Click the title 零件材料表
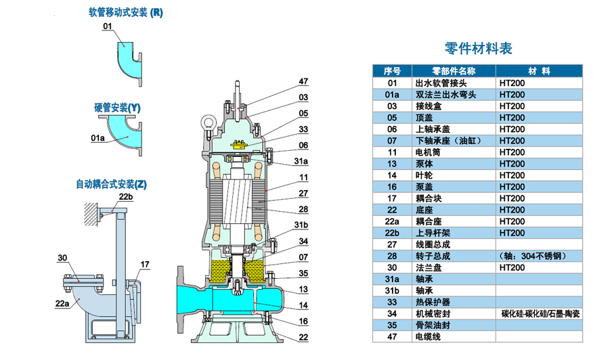click(478, 48)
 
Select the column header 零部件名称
click(454, 71)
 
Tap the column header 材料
click(539, 71)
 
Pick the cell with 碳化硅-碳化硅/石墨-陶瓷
click(540, 313)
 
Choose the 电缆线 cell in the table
click(428, 336)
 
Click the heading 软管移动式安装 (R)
click(125, 12)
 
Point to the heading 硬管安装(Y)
click(117, 108)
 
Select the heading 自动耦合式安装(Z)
click(111, 183)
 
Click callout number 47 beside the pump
click(303, 81)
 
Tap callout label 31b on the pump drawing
click(301, 225)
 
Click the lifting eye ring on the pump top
click(206, 122)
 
